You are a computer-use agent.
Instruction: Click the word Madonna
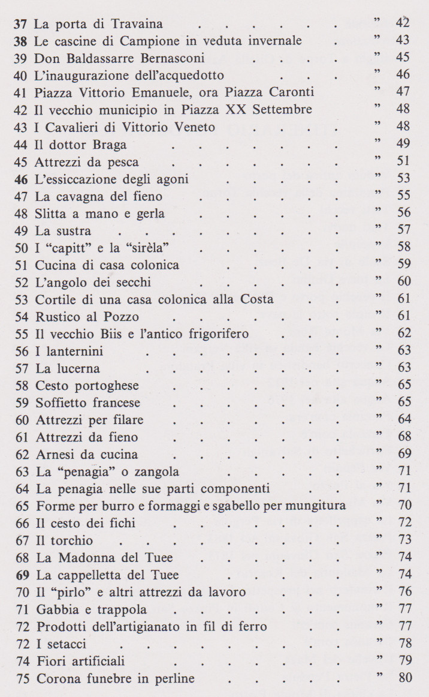pos(88,558)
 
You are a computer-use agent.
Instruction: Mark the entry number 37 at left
pos(21,25)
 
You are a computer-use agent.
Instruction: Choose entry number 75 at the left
pos(24,680)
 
